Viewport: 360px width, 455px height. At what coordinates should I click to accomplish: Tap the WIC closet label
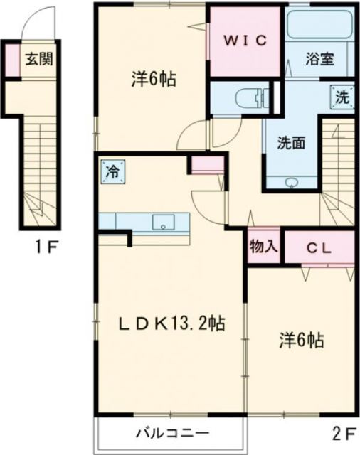[x=246, y=41]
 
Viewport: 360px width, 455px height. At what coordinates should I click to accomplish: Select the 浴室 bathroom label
[x=320, y=60]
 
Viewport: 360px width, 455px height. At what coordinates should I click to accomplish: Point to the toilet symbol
[x=248, y=97]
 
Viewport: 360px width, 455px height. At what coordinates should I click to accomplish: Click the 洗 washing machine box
[x=342, y=97]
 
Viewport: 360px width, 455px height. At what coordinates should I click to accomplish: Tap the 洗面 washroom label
[x=292, y=142]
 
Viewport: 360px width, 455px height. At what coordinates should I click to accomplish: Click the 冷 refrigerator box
[x=112, y=171]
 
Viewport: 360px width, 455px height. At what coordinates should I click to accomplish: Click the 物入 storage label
[x=264, y=247]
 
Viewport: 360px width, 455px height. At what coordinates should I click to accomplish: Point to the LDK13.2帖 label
[x=171, y=324]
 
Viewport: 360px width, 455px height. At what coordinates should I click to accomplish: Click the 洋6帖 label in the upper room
[x=153, y=78]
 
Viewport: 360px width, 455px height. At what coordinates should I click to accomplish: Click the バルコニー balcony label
[x=171, y=432]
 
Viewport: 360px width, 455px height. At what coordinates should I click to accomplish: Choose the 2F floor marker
[x=342, y=432]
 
